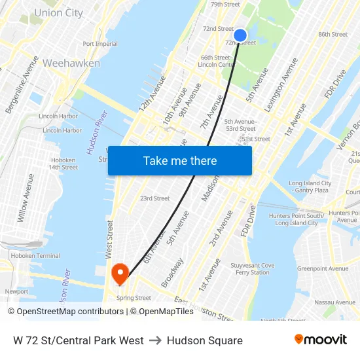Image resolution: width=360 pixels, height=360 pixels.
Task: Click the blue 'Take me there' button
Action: pos(180,160)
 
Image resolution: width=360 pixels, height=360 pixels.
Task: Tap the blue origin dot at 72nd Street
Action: pos(240,35)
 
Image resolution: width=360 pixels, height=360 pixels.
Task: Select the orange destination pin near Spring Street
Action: pos(120,274)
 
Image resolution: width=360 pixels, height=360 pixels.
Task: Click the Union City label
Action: pos(58,13)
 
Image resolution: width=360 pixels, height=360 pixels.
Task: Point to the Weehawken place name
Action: pos(71,63)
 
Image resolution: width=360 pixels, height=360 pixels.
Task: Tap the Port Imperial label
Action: pos(100,44)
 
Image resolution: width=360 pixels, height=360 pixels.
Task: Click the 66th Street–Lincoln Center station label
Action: pos(216,61)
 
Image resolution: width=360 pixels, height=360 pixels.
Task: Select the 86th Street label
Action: pos(333,34)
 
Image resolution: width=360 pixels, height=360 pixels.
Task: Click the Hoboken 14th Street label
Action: pos(63,164)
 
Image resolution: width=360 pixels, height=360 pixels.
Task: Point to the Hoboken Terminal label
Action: pos(39,256)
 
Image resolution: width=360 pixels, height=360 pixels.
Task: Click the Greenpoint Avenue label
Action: pos(323,268)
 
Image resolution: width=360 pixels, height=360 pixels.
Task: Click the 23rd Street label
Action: pos(154,198)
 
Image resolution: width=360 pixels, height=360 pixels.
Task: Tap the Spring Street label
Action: pos(134,298)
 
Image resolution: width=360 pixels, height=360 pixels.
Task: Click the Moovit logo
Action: pos(321,340)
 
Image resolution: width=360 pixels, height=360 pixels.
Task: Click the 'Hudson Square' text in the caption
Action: pos(204,340)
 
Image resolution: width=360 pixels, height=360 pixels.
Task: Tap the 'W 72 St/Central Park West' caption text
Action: pos(79,340)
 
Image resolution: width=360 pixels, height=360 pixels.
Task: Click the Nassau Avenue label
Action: pos(334,302)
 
